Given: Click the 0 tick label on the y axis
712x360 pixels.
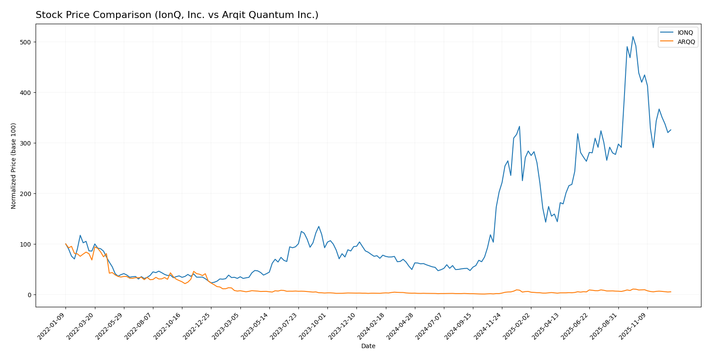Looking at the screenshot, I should (29, 295).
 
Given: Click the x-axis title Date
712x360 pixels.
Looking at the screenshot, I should (368, 346).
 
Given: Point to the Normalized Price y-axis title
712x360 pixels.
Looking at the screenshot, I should (14, 166).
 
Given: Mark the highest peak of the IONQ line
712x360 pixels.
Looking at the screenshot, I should (633, 36).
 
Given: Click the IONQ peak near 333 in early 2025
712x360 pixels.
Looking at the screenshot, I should (519, 127).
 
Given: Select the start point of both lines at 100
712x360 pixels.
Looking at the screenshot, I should (65, 244).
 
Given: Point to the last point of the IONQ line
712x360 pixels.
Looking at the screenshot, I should (671, 130).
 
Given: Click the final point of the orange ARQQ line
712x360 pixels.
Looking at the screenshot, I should (671, 292).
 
